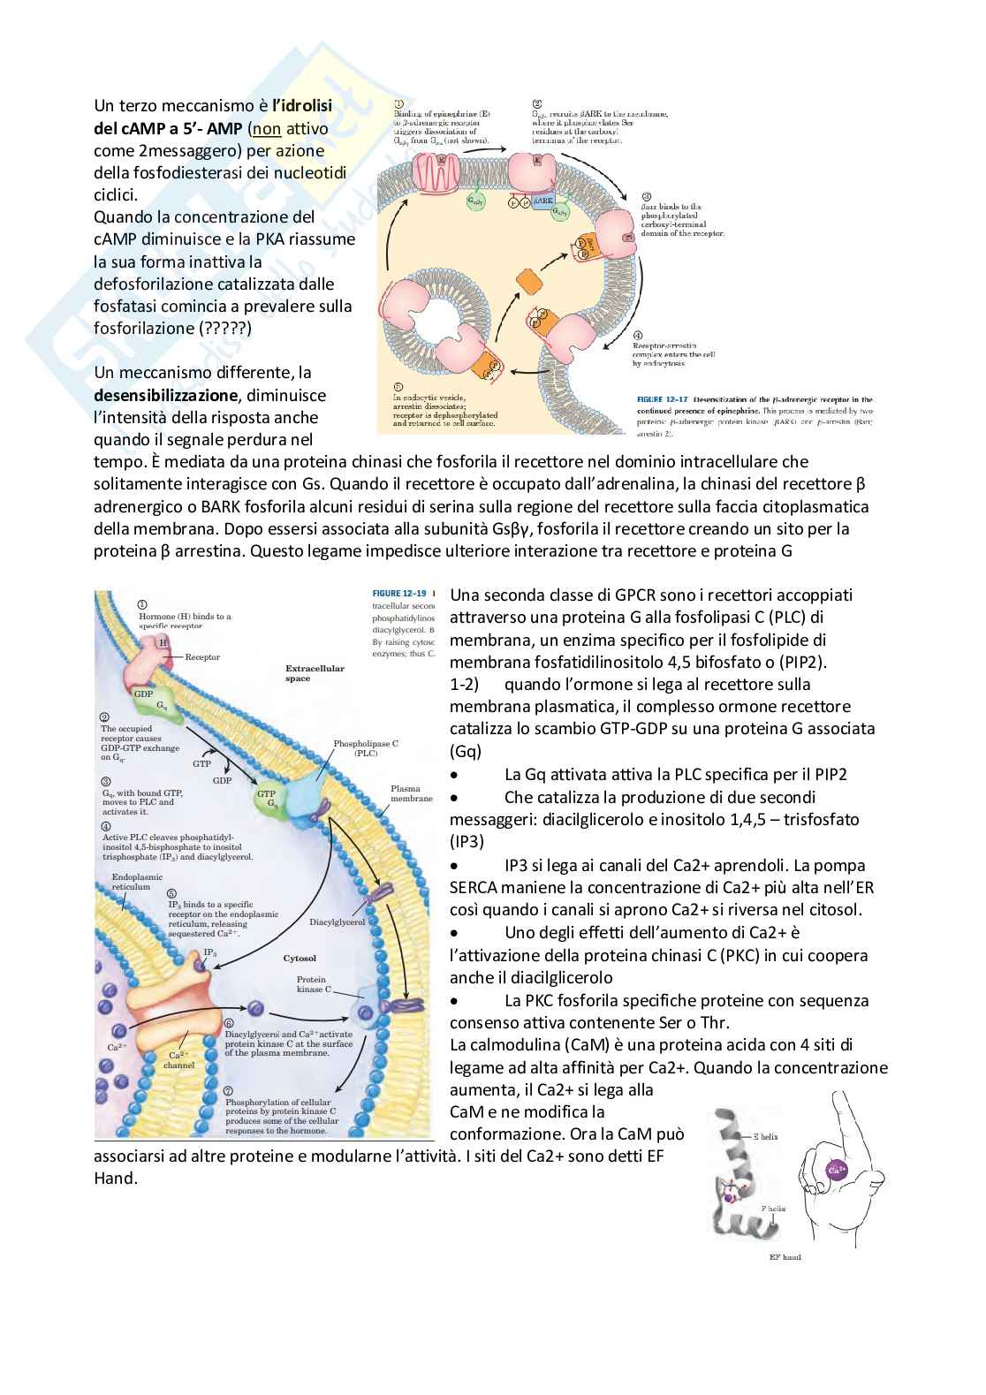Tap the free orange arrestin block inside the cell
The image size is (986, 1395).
point(529,282)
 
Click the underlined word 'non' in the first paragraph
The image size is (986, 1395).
point(267,129)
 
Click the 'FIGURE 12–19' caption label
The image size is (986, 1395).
point(399,594)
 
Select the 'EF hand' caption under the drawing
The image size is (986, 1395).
point(785,1256)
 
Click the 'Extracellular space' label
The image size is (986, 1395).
point(314,673)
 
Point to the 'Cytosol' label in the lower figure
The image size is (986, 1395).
point(300,958)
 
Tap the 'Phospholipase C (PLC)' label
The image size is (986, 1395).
point(365,748)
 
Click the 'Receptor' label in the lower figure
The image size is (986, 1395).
point(202,657)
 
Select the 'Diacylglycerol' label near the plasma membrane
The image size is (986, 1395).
point(337,922)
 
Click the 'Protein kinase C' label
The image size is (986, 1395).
point(311,984)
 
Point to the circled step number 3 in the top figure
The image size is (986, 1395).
point(647,197)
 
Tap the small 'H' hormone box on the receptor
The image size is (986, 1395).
point(163,642)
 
